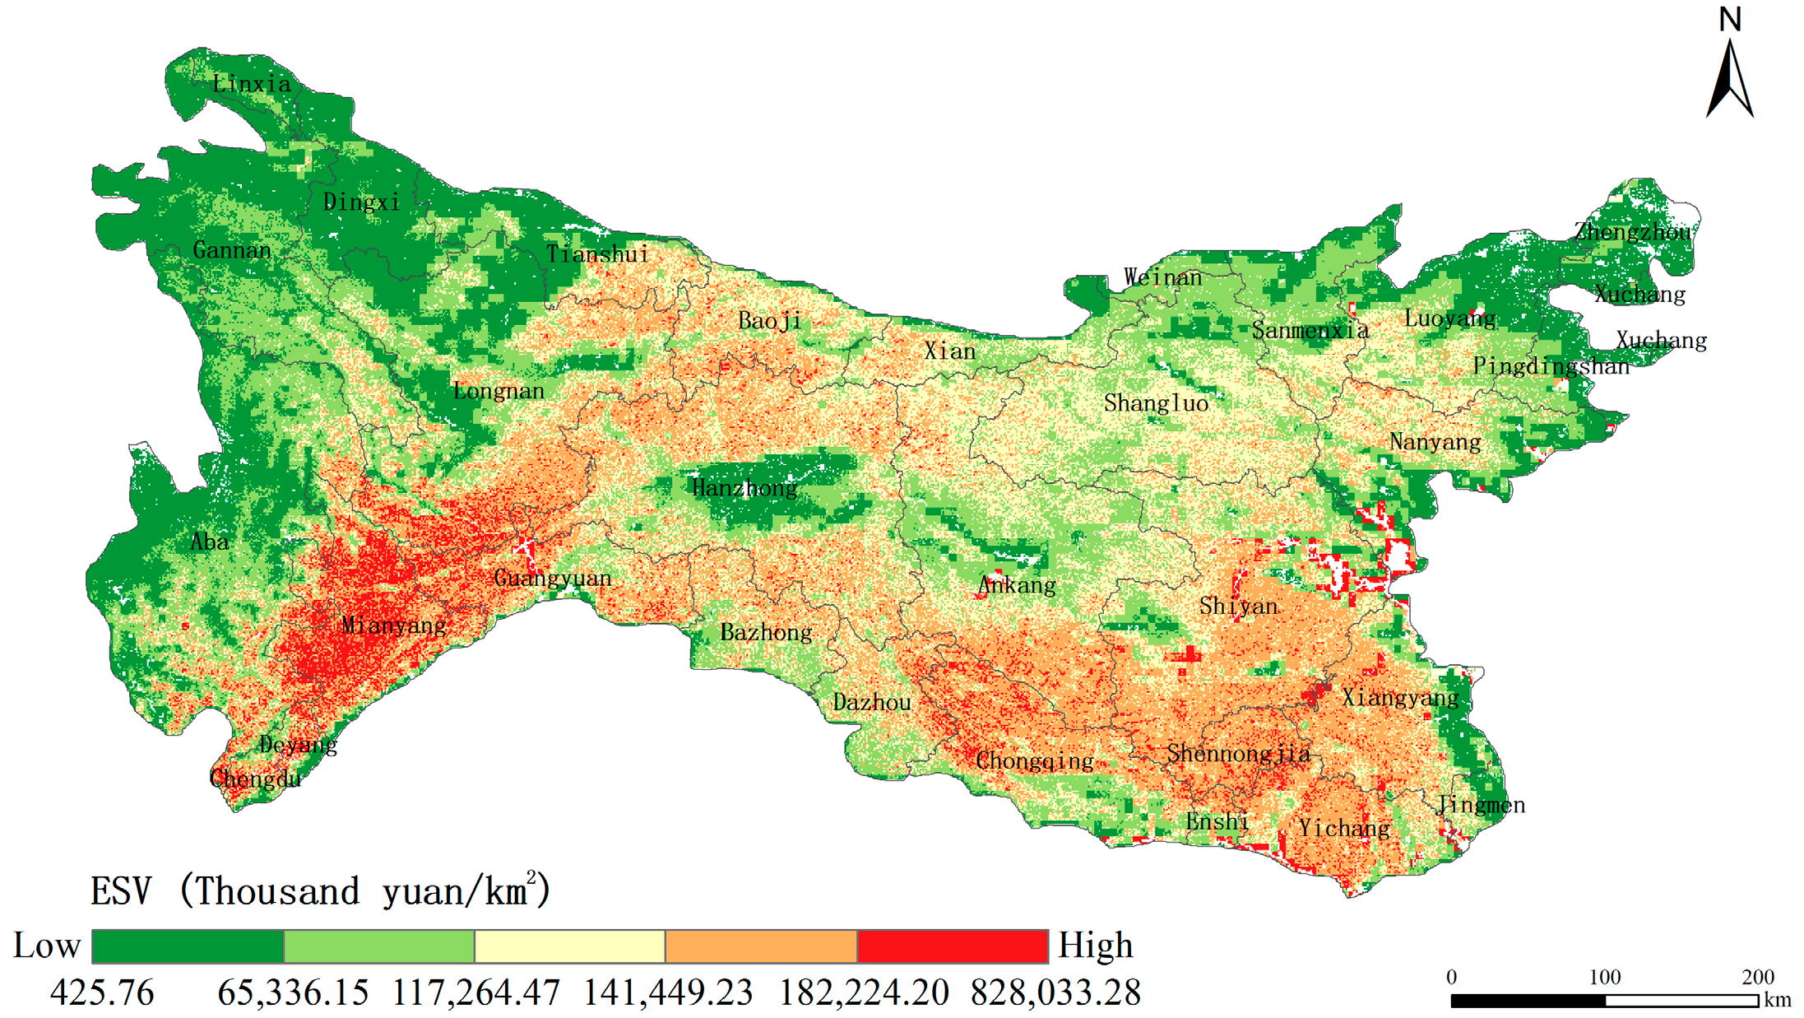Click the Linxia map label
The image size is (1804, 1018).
click(252, 84)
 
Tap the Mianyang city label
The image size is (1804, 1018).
click(394, 625)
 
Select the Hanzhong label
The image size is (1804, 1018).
click(744, 488)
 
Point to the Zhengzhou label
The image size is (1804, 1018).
click(1634, 232)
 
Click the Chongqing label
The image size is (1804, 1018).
click(1035, 761)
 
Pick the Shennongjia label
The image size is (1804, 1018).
click(1239, 754)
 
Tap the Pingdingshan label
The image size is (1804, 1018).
click(1551, 366)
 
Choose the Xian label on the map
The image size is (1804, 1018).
click(950, 351)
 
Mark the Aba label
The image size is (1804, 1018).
click(210, 542)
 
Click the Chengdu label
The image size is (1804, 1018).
click(256, 779)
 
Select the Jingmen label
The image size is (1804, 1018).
click(1482, 805)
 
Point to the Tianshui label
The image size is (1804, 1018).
click(598, 254)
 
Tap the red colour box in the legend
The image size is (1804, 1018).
click(953, 946)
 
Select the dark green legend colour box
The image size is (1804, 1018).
click(188, 946)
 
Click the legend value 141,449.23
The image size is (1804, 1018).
click(668, 992)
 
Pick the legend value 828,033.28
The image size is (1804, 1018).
click(1055, 992)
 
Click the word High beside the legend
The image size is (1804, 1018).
click(1096, 946)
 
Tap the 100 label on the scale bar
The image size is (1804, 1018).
click(1604, 977)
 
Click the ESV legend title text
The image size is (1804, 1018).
click(321, 891)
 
